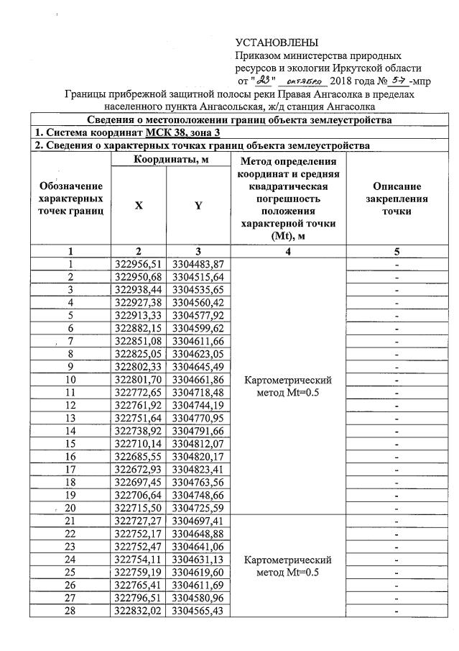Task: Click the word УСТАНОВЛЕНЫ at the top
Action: click(x=277, y=43)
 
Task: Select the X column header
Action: click(x=138, y=205)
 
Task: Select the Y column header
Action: click(x=198, y=205)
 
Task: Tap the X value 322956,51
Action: click(x=138, y=264)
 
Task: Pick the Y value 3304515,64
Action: click(x=198, y=276)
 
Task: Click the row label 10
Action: click(x=70, y=379)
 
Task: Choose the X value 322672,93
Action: click(x=138, y=469)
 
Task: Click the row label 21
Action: click(x=70, y=520)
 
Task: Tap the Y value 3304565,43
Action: click(x=198, y=610)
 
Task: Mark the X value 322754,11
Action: click(x=138, y=559)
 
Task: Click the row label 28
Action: click(x=70, y=610)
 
